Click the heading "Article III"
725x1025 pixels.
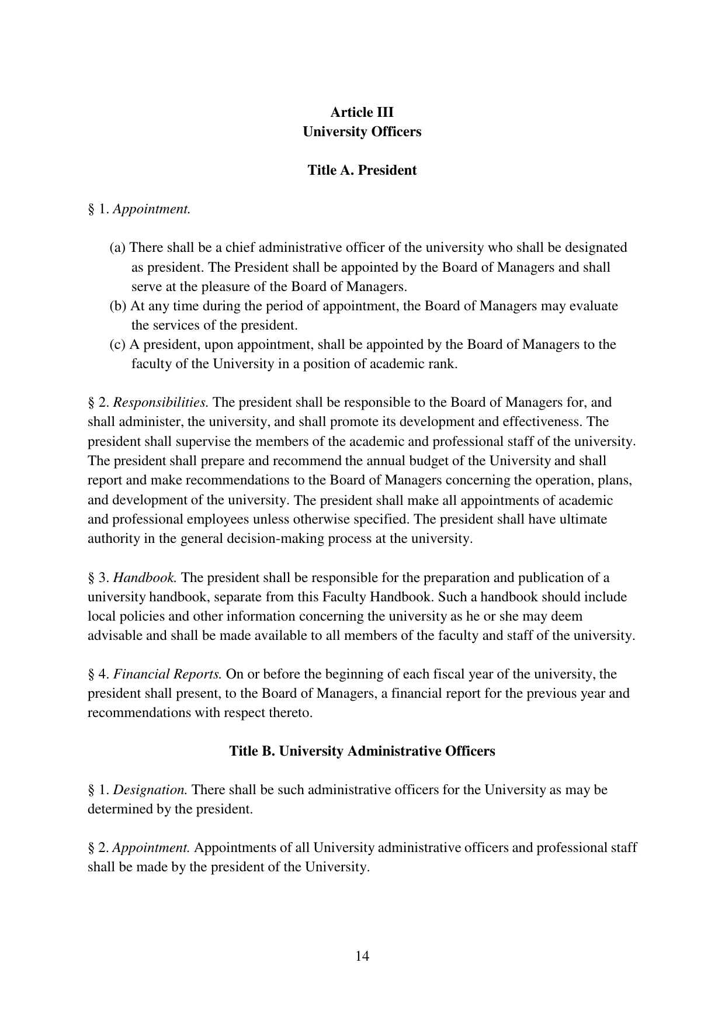(362, 112)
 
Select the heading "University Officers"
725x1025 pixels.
(362, 131)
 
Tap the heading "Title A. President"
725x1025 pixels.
(362, 170)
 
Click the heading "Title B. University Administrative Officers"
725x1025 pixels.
(362, 751)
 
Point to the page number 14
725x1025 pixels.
(362, 956)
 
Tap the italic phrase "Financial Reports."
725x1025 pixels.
(167, 674)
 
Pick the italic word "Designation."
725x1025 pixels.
(150, 790)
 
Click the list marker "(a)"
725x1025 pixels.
(118, 248)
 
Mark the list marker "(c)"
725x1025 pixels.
(118, 345)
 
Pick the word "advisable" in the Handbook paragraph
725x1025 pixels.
(115, 636)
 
